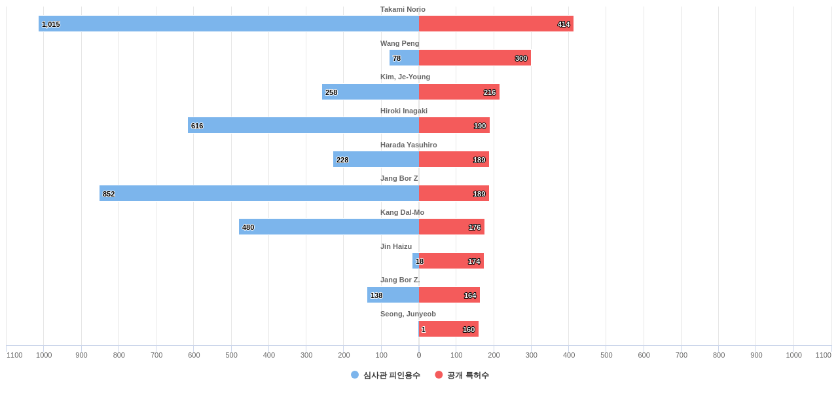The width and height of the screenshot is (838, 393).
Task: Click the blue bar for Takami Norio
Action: click(x=229, y=24)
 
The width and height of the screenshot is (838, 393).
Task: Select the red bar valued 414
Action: click(x=496, y=24)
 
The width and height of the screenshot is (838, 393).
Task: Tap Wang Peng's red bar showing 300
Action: click(x=475, y=58)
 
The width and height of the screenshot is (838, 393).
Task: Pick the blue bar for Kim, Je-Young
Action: click(x=371, y=92)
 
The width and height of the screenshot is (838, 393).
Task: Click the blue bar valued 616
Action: click(x=303, y=125)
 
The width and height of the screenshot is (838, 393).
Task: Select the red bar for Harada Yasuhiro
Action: click(x=454, y=159)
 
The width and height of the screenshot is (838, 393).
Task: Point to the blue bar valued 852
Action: click(x=259, y=193)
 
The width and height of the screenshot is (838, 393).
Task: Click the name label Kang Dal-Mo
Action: click(x=402, y=212)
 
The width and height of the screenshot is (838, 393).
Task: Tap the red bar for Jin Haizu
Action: click(x=451, y=261)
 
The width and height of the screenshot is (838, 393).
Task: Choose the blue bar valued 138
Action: click(x=393, y=295)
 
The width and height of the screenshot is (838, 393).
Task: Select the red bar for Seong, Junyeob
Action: click(x=448, y=329)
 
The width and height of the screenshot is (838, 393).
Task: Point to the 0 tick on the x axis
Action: click(x=419, y=355)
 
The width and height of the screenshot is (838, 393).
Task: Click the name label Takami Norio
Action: click(x=403, y=9)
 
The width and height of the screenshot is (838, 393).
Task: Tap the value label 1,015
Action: click(x=51, y=24)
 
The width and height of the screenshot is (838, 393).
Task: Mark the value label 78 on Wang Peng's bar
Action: click(x=397, y=58)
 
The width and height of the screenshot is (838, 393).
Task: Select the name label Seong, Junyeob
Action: click(x=408, y=314)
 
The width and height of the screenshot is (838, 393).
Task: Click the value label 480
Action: click(x=248, y=227)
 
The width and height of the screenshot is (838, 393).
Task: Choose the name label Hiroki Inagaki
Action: click(x=404, y=111)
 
